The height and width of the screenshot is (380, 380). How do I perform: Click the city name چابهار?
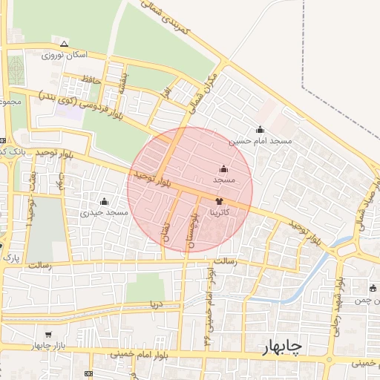coord(283,347)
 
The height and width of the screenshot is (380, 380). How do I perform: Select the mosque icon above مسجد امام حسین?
coord(260,129)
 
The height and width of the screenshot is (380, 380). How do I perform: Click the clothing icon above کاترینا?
coord(219,201)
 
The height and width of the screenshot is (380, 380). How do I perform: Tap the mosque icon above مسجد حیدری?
coord(104,201)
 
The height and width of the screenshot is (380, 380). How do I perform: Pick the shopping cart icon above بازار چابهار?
coord(49,335)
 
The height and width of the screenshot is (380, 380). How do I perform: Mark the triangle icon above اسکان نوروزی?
coord(64,43)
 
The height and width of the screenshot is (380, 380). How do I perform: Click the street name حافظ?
coord(91,78)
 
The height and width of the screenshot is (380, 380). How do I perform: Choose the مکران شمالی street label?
coord(203,94)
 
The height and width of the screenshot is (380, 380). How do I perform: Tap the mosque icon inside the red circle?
coord(224,168)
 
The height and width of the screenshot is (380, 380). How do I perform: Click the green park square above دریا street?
coord(144,287)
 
